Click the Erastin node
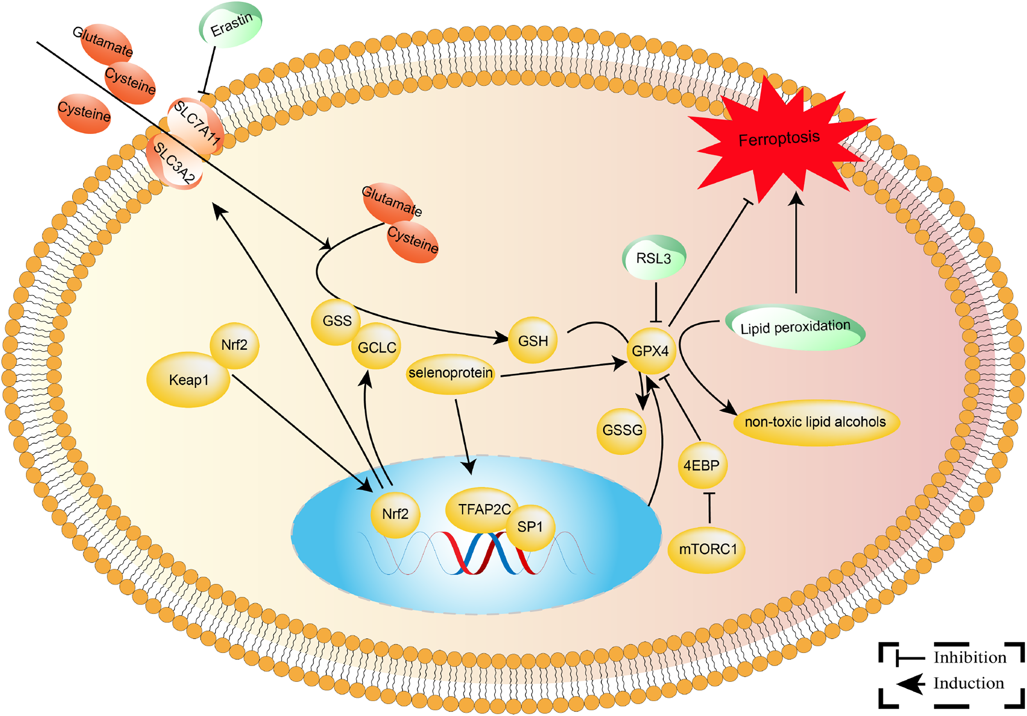pos(230,25)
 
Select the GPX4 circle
pos(651,351)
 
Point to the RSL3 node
pos(654,258)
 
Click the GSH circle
pos(533,340)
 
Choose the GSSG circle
pos(622,431)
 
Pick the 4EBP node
pos(702,465)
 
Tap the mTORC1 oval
pos(707,550)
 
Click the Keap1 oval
pos(188,380)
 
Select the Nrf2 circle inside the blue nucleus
pos(396,514)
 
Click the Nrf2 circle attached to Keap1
pos(234,345)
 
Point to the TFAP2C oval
pos(483,509)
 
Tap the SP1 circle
pos(530,527)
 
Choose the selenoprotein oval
pos(451,373)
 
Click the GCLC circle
pos(377,346)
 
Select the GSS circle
pos(337,321)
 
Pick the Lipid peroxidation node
pos(795,327)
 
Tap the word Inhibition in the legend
pos(970,657)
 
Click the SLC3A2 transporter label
pos(174,162)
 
